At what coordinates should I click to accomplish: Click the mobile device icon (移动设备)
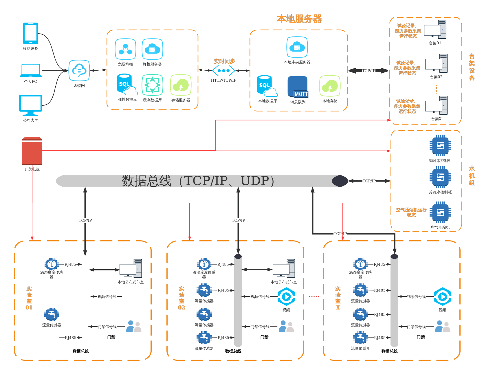30,33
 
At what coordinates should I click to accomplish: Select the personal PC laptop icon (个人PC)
31,71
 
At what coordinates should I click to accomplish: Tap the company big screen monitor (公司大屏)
31,105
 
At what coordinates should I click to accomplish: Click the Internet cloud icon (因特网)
79,70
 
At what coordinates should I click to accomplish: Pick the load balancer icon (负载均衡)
125,49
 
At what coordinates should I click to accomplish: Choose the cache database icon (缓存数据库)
152,85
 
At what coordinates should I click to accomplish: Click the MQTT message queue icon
298,87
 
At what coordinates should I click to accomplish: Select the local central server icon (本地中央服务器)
297,47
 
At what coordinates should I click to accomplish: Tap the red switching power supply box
32,151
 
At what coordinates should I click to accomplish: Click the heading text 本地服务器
299,19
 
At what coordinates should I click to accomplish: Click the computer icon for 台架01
435,30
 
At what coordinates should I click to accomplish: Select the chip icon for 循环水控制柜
440,146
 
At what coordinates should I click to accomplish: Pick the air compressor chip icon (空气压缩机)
440,213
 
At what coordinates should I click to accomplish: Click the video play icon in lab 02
286,297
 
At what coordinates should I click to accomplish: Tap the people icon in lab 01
134,326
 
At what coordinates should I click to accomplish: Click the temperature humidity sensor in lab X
360,264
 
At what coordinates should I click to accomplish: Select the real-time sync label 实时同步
224,61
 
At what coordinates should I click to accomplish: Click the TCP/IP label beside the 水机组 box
369,181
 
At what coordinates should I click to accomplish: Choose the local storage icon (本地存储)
330,86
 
